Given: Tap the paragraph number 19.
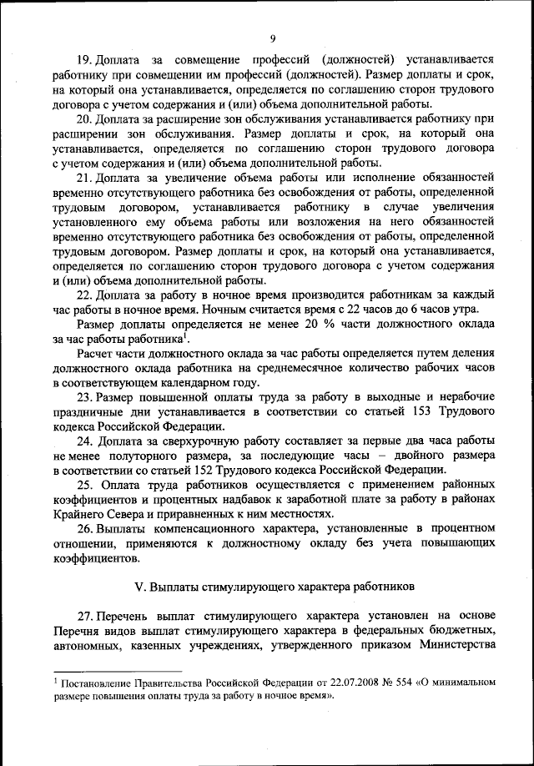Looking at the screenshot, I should point(83,61).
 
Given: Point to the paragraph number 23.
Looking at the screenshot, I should point(84,396).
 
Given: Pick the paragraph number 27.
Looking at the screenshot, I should point(84,616).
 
